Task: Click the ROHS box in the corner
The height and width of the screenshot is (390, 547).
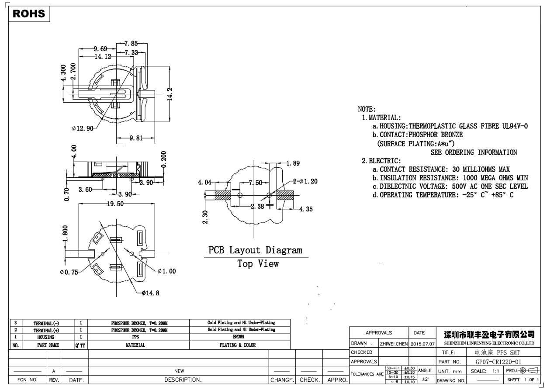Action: (29, 14)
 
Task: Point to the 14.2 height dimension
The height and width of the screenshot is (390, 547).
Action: (171, 93)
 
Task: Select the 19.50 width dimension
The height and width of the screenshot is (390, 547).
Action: (114, 204)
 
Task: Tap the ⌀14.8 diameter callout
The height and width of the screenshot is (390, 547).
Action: (150, 293)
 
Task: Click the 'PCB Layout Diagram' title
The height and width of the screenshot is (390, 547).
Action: (255, 251)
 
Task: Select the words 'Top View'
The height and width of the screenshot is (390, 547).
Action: (258, 264)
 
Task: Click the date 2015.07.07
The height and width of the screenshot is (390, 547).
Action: (422, 344)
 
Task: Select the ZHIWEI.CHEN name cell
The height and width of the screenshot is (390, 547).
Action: (394, 344)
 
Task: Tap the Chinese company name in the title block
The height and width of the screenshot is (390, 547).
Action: (489, 335)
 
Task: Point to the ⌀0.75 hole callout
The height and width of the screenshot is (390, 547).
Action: (69, 272)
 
